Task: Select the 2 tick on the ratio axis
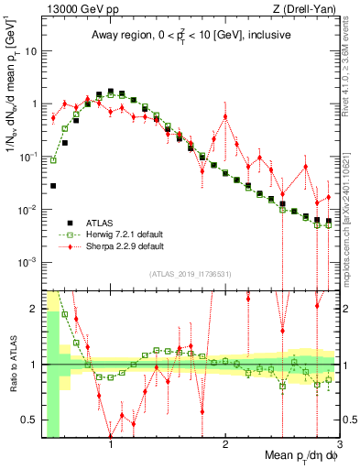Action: coord(33,309)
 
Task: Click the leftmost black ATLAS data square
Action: coord(53,186)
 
